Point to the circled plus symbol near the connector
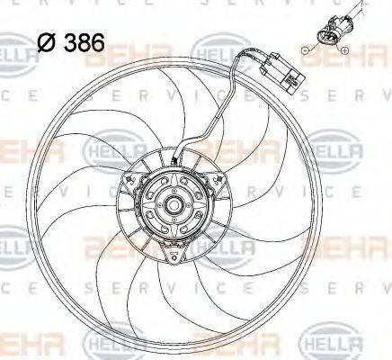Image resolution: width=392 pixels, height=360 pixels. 345,51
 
